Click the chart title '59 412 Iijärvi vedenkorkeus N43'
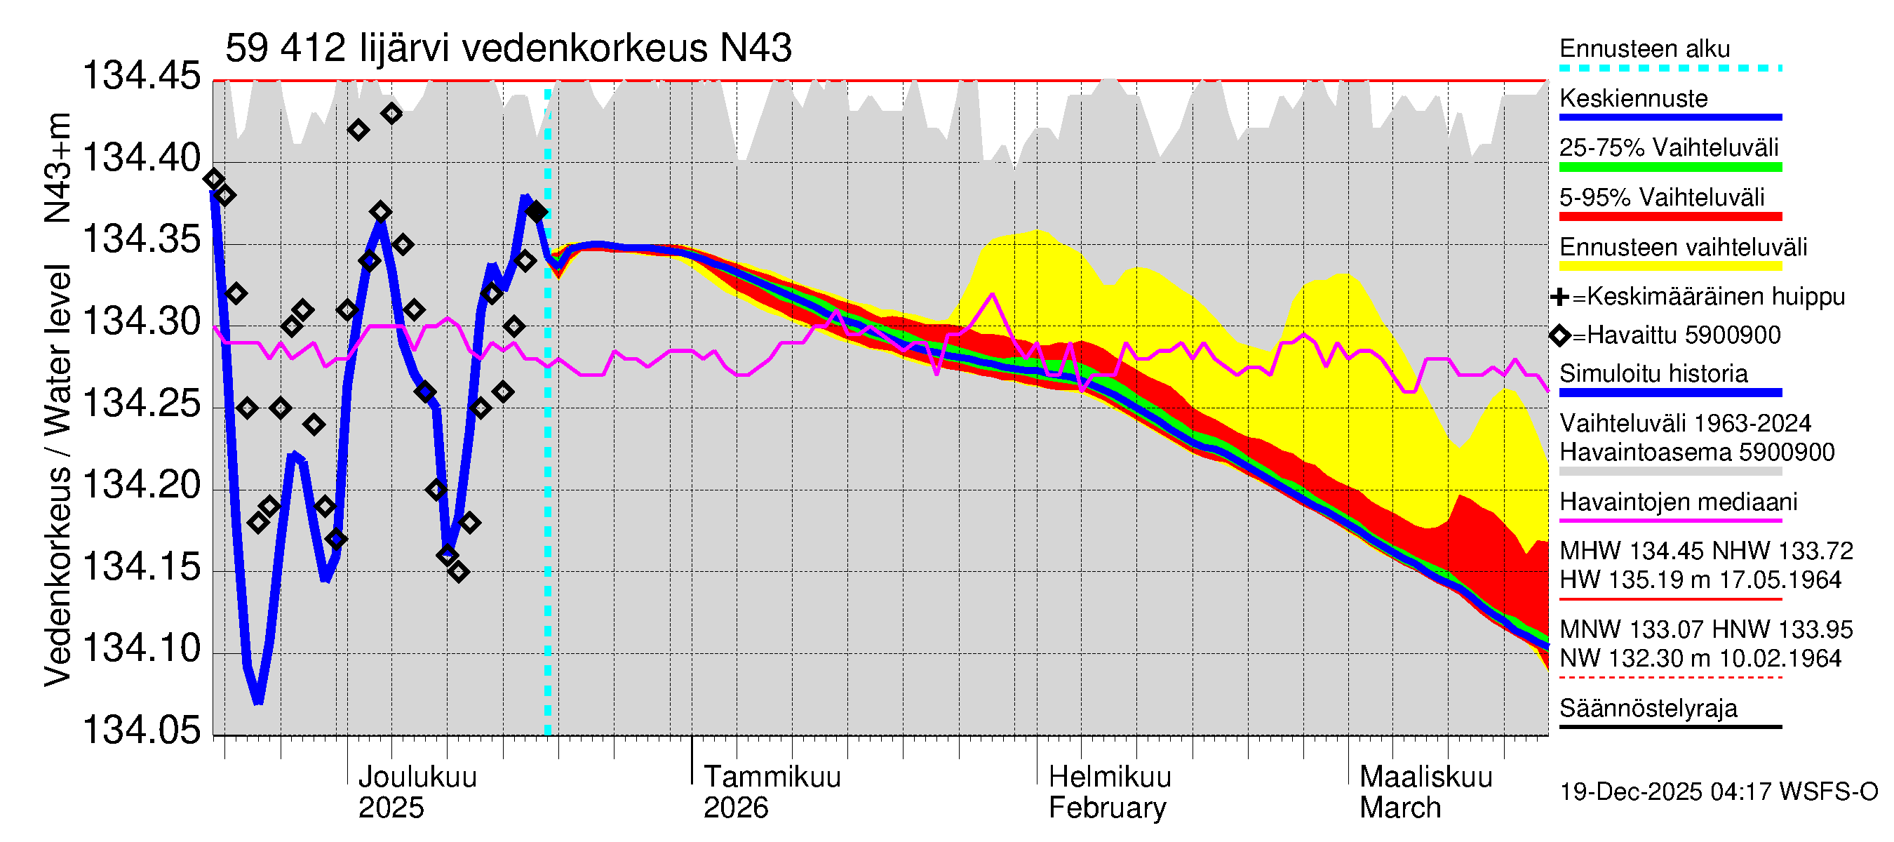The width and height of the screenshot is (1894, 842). pyautogui.click(x=508, y=48)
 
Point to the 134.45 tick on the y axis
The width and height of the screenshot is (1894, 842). pyautogui.click(x=141, y=76)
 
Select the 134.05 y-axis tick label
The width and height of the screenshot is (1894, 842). pyautogui.click(x=141, y=730)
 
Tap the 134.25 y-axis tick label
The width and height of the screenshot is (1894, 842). pyautogui.click(x=141, y=403)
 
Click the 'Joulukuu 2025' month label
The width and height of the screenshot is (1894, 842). pyautogui.click(x=416, y=792)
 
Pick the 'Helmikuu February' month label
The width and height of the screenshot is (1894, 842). pyautogui.click(x=1109, y=792)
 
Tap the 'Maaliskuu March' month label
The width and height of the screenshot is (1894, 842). pyautogui.click(x=1425, y=792)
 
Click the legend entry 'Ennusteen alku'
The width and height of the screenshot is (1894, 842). pyautogui.click(x=1644, y=49)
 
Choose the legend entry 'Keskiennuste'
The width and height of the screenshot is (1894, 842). pyautogui.click(x=1633, y=98)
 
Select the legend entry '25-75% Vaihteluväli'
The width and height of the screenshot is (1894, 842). pyautogui.click(x=1668, y=148)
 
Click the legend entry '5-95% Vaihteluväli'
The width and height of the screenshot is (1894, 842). pyautogui.click(x=1662, y=197)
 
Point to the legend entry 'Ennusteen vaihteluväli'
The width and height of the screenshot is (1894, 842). pyautogui.click(x=1682, y=247)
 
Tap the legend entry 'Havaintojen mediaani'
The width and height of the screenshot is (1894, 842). pyautogui.click(x=1678, y=502)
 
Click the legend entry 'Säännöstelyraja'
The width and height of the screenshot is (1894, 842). pyautogui.click(x=1648, y=708)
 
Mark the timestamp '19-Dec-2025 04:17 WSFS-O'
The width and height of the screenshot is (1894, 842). pyautogui.click(x=1718, y=792)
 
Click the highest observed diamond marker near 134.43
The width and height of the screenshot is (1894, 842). pyautogui.click(x=392, y=114)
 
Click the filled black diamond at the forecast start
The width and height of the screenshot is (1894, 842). pyautogui.click(x=537, y=213)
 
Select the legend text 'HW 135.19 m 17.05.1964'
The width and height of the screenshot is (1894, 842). pyautogui.click(x=1700, y=580)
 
